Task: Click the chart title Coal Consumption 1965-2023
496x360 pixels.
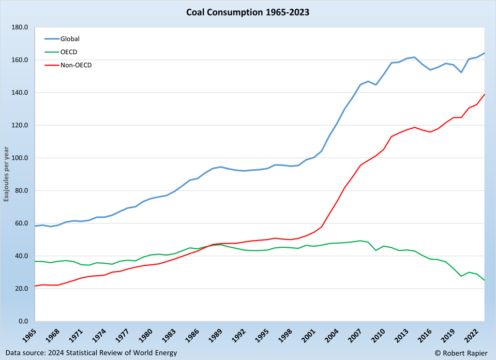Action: click(x=248, y=12)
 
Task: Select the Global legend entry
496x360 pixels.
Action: click(x=70, y=39)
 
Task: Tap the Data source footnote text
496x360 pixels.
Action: click(x=92, y=353)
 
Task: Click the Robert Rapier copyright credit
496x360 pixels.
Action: click(x=461, y=353)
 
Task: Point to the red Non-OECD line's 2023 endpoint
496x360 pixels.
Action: click(x=485, y=94)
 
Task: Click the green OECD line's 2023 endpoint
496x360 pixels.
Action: click(x=485, y=281)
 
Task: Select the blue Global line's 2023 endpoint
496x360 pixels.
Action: click(x=485, y=53)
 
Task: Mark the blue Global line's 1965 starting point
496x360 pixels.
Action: click(x=35, y=226)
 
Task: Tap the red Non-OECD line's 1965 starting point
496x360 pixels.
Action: click(x=35, y=286)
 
